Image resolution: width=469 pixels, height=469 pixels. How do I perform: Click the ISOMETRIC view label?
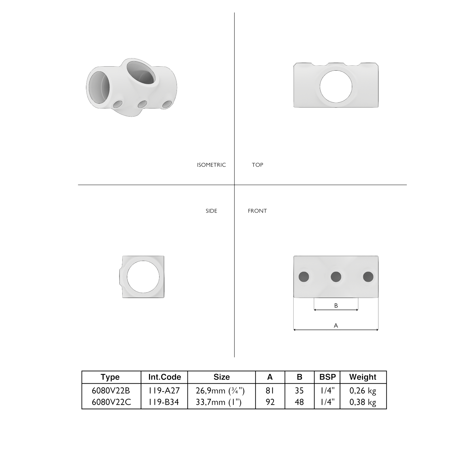tap(211, 165)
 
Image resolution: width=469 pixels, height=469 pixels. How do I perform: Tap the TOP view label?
tap(257, 165)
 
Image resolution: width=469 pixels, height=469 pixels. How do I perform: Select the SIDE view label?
tap(211, 211)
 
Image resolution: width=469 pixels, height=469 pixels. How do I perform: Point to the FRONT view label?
tap(257, 211)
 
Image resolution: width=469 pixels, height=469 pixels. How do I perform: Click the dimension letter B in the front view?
tap(336, 305)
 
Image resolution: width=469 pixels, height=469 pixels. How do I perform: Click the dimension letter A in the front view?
tap(336, 325)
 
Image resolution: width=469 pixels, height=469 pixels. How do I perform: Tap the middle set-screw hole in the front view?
tap(336, 277)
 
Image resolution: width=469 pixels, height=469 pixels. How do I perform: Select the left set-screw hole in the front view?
tap(304, 277)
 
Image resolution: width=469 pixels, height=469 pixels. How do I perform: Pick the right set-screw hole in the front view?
tap(368, 277)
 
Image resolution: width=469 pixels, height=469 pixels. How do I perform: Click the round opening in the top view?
tap(336, 86)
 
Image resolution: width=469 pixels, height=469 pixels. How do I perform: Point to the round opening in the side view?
tap(143, 277)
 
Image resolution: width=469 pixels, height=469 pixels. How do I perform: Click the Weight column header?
tap(363, 377)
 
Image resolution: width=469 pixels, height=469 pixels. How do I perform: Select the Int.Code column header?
tap(164, 377)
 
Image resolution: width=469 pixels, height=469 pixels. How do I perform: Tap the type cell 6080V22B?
tap(111, 391)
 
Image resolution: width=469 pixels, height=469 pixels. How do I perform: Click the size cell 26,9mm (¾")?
tap(220, 391)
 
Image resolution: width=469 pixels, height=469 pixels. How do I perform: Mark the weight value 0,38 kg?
tap(363, 402)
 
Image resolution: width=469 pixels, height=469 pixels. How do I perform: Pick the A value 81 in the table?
tap(270, 391)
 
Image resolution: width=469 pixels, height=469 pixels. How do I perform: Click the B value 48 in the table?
tap(299, 402)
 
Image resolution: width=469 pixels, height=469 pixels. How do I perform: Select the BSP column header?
tap(327, 377)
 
